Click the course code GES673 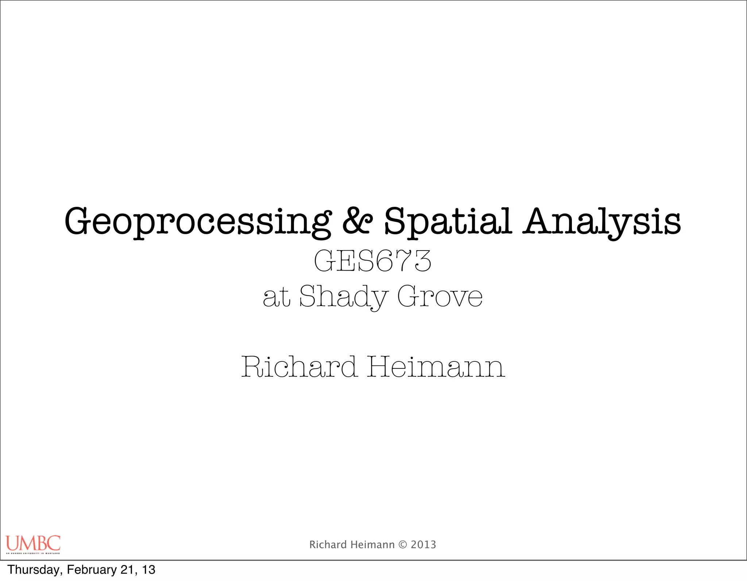pyautogui.click(x=372, y=261)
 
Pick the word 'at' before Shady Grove pyautogui.click(x=276, y=297)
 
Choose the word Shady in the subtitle pyautogui.click(x=343, y=297)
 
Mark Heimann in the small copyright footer pyautogui.click(x=372, y=545)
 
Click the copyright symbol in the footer pyautogui.click(x=403, y=545)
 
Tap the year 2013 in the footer pyautogui.click(x=423, y=545)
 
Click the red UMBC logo pyautogui.click(x=33, y=543)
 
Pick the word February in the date pyautogui.click(x=92, y=570)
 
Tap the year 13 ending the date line pyautogui.click(x=149, y=570)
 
